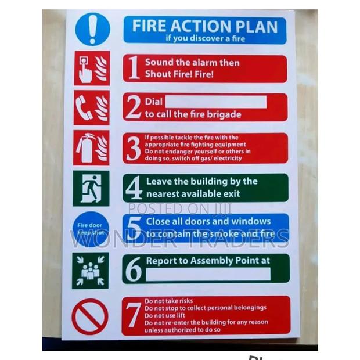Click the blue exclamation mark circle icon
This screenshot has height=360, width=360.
click(x=92, y=29)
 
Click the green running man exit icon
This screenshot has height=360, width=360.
click(x=91, y=188)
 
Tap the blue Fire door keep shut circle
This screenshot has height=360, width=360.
click(x=91, y=229)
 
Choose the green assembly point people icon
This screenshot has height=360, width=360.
click(x=90, y=270)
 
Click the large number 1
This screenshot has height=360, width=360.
click(x=133, y=69)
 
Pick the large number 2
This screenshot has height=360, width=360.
click(x=133, y=107)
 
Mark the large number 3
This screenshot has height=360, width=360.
click(x=133, y=148)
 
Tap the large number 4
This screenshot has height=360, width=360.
click(x=134, y=188)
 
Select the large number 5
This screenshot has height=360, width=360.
click(x=134, y=228)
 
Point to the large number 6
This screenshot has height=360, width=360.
click(x=134, y=268)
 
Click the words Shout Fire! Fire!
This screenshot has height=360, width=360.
click(x=179, y=74)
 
